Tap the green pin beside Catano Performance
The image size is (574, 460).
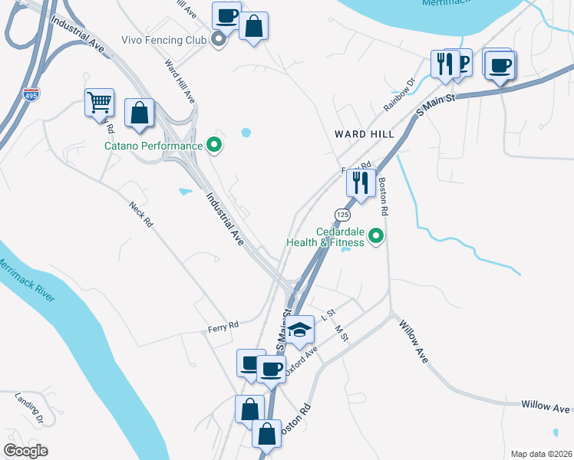click(215, 145)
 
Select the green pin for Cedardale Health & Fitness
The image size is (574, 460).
click(376, 237)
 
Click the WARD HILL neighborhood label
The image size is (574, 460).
click(365, 134)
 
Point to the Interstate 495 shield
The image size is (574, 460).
click(31, 94)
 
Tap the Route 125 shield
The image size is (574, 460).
click(342, 212)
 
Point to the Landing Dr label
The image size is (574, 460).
click(29, 408)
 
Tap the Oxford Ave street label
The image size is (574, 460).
click(300, 360)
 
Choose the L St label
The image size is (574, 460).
click(328, 314)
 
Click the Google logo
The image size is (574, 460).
click(26, 451)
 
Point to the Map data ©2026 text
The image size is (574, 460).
click(541, 453)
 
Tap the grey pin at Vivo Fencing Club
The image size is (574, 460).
click(219, 41)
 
